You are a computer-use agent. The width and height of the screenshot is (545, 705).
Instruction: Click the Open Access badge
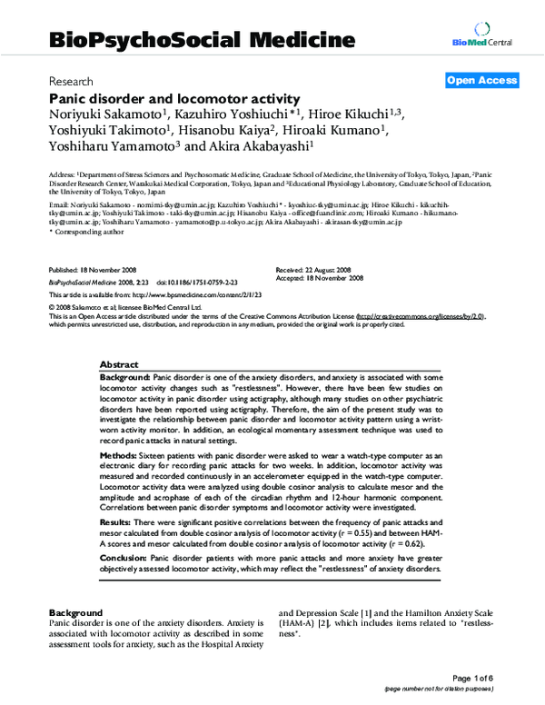(481, 81)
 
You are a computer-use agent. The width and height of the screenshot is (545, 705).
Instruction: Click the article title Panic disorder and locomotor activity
(173, 97)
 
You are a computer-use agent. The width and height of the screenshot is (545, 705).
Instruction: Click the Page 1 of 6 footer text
(496, 678)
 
